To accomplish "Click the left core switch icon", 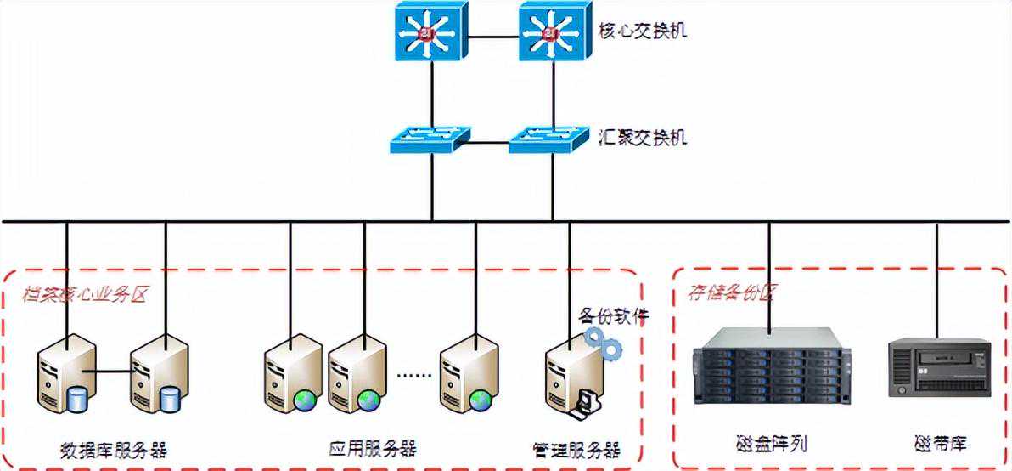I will pos(430,31).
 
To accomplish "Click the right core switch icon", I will pos(554,31).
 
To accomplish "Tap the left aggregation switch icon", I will pos(430,139).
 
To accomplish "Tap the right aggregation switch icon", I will pos(548,139).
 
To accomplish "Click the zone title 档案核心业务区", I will pos(84,295).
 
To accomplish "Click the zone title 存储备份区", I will pos(730,293).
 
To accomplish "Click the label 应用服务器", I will pos(373,447).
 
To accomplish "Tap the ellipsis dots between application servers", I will pos(414,375).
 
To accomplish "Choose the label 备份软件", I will pos(614,316).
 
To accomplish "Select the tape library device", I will pos(940,367).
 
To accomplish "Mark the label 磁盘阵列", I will pos(771,443).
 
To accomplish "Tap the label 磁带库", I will pos(940,443).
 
